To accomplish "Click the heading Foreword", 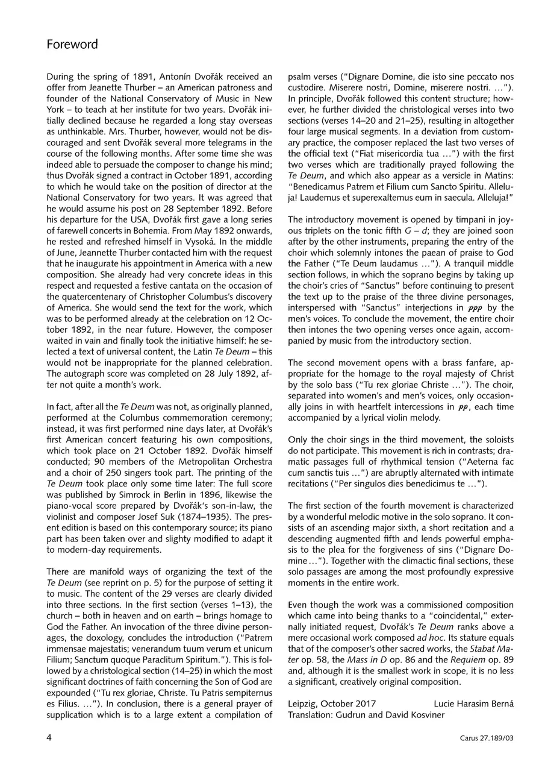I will (72, 45).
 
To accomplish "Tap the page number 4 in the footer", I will (49, 737).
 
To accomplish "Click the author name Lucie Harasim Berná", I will (473, 703).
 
